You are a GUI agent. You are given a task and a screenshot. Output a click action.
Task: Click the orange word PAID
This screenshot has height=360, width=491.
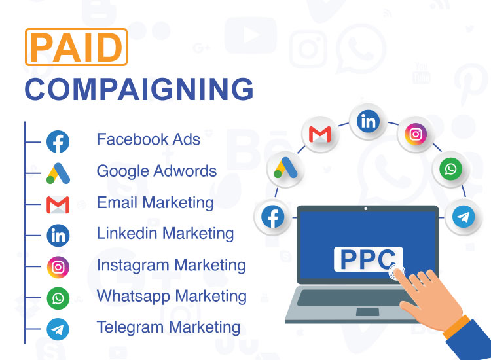point(76,47)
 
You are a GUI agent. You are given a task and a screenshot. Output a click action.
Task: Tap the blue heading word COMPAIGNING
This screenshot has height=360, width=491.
point(139,89)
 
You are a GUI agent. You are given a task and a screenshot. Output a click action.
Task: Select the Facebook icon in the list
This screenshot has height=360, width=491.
point(58,141)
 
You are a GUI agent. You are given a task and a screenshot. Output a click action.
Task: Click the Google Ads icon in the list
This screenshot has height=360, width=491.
point(58,173)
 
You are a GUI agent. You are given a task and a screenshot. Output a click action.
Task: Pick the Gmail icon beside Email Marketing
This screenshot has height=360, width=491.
point(58,205)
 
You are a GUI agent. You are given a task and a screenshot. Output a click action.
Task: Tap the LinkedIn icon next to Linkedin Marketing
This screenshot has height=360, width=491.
point(58,236)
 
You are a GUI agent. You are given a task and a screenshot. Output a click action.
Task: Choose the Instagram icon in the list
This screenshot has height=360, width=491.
point(58,267)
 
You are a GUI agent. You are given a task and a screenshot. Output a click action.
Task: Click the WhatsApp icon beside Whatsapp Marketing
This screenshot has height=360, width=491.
point(58,298)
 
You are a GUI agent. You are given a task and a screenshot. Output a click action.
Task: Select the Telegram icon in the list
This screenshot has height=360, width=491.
point(58,329)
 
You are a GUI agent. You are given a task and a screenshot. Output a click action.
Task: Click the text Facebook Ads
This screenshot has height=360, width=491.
point(149,139)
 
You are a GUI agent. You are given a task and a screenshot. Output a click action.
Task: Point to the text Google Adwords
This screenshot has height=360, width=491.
point(156,171)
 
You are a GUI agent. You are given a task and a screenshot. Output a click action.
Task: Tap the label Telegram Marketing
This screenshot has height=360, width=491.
point(168,327)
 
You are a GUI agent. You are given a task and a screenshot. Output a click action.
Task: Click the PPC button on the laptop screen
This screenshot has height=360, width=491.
point(368,259)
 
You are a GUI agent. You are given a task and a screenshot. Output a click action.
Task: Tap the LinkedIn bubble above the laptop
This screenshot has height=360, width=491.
point(368,121)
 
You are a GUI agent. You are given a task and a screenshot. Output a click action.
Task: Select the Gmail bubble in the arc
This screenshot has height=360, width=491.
point(320,134)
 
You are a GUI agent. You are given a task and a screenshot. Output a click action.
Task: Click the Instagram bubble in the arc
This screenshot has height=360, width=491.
point(416,134)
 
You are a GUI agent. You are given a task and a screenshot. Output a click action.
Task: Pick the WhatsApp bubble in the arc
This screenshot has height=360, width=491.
point(450,169)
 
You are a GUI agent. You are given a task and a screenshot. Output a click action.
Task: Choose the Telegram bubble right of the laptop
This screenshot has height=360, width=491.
point(464,217)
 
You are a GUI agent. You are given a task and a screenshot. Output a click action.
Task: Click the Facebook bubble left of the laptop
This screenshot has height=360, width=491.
point(273,217)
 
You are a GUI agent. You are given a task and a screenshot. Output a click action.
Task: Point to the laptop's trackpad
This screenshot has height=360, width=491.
point(368,312)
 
